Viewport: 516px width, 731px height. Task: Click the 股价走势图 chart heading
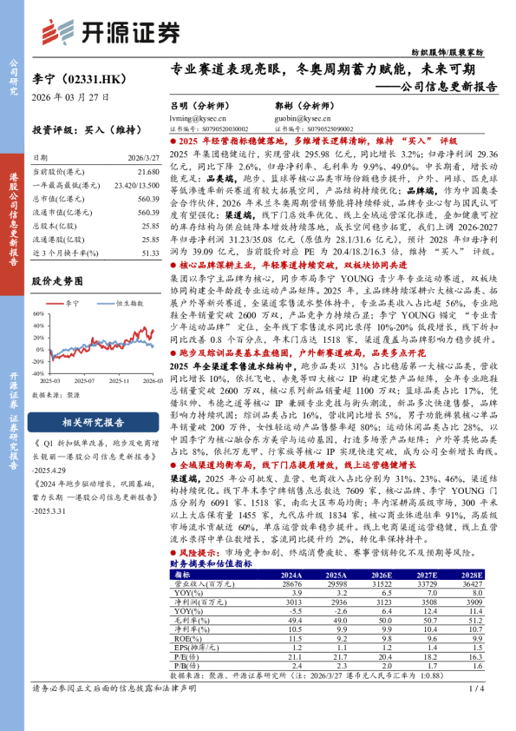[x=57, y=280]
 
